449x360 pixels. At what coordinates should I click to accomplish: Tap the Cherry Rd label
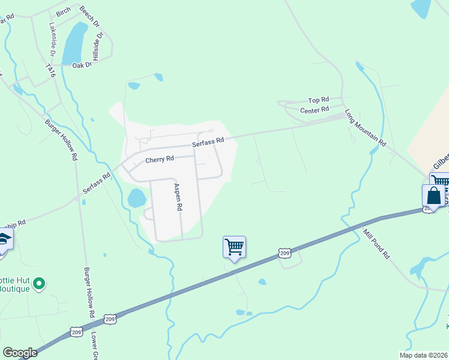click(159, 160)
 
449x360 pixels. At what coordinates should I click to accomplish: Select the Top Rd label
click(319, 100)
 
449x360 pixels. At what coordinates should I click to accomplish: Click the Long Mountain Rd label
click(365, 128)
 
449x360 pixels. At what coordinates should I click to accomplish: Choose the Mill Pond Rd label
click(377, 244)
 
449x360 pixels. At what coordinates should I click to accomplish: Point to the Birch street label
click(63, 12)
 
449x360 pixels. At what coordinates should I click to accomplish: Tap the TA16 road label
click(50, 71)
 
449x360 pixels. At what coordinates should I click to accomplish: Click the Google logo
click(20, 353)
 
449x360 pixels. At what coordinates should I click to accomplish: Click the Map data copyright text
click(423, 355)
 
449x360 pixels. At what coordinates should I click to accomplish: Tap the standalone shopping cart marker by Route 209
click(234, 246)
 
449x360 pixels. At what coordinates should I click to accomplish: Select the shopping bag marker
click(434, 196)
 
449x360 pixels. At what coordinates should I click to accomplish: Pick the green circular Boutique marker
click(40, 282)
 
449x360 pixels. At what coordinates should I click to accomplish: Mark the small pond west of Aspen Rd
click(136, 197)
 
